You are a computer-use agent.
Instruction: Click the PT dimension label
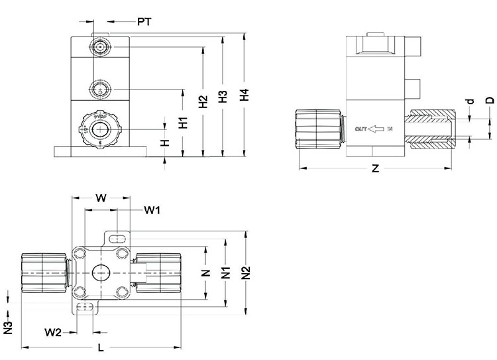[x=144, y=22]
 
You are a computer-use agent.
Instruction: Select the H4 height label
[x=247, y=95]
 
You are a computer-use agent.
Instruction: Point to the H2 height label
[x=203, y=101]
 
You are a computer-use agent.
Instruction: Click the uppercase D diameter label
[x=489, y=101]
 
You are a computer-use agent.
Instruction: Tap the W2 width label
[x=54, y=332]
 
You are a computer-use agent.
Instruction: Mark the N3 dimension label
[x=7, y=327]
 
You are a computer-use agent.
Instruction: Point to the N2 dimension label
[x=246, y=272]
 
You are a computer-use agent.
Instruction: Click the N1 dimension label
[x=225, y=272]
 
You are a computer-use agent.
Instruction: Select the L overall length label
[x=101, y=347]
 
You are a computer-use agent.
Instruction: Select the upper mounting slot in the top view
[x=117, y=237]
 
